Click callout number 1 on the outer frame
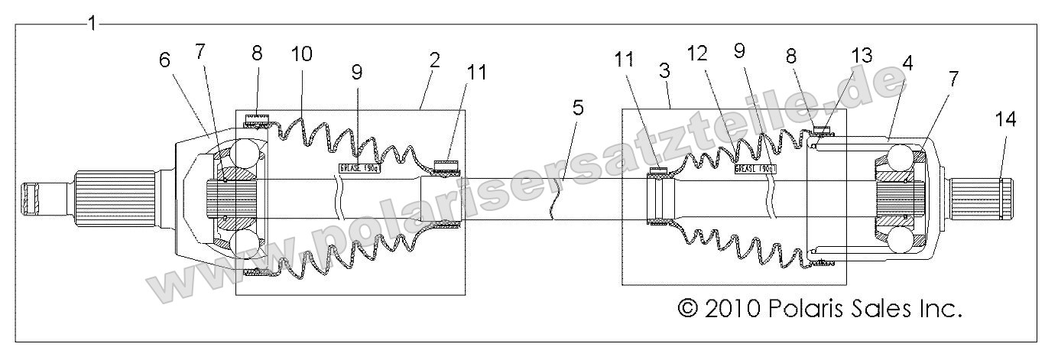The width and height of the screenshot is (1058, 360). click(x=92, y=23)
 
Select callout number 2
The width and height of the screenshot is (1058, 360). click(x=434, y=61)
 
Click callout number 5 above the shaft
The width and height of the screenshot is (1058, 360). click(x=578, y=108)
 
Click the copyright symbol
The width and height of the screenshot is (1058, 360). click(x=689, y=309)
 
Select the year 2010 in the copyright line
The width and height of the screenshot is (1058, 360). click(x=732, y=309)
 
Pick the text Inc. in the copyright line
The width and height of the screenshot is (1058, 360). click(x=938, y=309)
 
